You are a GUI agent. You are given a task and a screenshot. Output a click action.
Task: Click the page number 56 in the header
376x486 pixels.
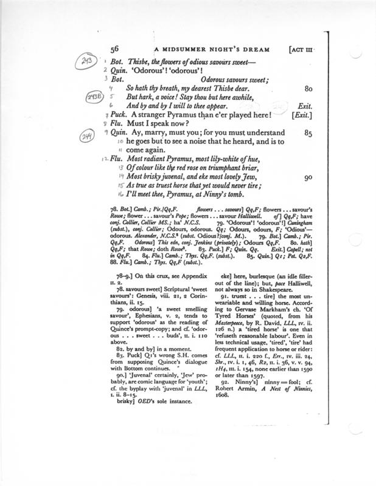116,50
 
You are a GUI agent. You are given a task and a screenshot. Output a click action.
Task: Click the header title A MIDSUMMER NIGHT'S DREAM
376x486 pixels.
197,50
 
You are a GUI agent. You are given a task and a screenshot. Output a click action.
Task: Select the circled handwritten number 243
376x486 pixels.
89,63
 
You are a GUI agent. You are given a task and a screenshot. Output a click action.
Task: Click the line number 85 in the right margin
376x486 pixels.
307,132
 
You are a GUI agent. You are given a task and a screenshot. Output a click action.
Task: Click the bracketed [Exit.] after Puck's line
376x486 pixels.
302,115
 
